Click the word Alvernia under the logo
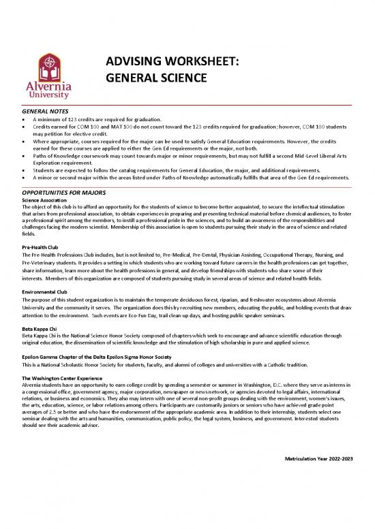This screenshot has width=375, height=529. pos(50,86)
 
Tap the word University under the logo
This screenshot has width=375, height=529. pos(50,96)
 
